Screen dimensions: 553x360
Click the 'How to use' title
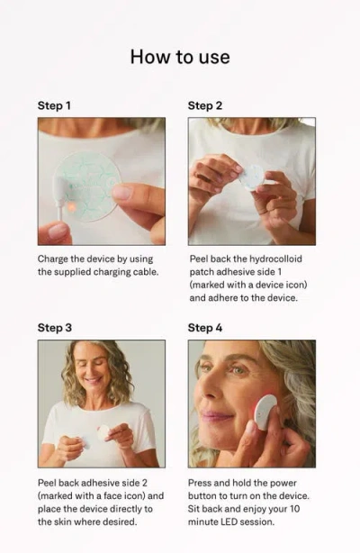click(180, 57)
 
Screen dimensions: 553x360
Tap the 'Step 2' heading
click(205, 105)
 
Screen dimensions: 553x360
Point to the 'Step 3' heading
click(55, 327)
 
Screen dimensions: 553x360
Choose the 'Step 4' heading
click(205, 327)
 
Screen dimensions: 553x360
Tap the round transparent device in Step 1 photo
click(90, 185)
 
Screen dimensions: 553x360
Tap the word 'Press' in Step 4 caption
click(202, 483)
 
